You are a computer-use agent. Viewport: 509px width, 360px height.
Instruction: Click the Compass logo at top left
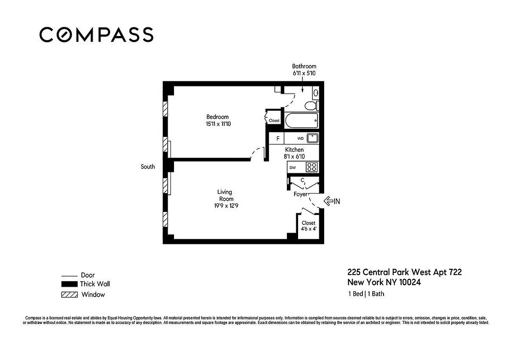point(96,35)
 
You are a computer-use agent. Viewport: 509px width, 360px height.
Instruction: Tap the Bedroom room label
point(218,117)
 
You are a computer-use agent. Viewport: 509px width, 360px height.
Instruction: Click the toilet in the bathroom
point(310,106)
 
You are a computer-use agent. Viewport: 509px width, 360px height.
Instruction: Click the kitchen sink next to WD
point(313,138)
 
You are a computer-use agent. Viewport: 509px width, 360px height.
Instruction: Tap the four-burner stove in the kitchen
point(312,167)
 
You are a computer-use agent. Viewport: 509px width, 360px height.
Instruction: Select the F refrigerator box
point(278,139)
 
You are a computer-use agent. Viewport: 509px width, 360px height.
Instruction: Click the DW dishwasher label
point(292,167)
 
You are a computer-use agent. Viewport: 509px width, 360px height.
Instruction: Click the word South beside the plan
point(147,166)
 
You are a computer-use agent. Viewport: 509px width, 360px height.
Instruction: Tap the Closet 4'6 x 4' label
point(308,226)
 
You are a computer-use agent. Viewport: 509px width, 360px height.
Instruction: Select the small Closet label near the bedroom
point(274,121)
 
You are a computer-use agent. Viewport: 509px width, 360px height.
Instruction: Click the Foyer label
point(300,194)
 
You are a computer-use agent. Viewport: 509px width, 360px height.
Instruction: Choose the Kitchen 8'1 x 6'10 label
point(295,153)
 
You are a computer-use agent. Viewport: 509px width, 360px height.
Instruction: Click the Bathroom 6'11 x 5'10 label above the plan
point(304,69)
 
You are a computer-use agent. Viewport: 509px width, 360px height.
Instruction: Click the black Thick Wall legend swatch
point(69,284)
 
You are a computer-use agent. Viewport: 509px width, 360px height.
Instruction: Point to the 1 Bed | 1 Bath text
point(366,294)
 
